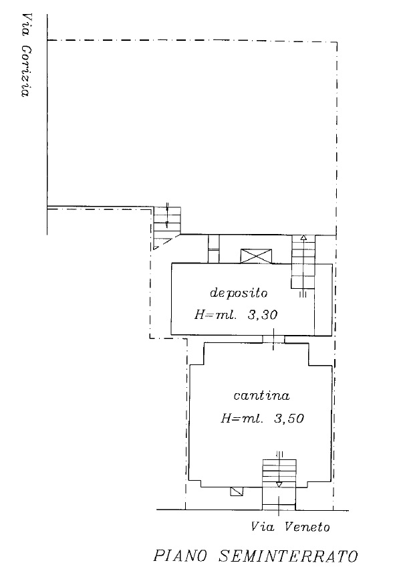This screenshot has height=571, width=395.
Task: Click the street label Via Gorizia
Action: point(25,55)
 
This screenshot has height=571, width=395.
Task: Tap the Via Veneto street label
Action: point(290,527)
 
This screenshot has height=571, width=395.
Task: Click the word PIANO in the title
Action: point(180,556)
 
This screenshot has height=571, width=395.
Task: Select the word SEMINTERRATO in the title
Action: point(288,556)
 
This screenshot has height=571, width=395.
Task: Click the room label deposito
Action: point(239,293)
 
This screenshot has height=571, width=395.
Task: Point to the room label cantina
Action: point(261,395)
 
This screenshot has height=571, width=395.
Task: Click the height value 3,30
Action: point(263,315)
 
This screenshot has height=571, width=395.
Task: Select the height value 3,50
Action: point(289,419)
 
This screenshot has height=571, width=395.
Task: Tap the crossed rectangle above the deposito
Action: point(256,256)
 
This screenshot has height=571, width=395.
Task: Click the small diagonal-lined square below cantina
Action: point(237,491)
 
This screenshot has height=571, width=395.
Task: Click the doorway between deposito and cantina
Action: point(273,339)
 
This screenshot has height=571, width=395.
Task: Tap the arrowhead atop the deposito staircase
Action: point(303,237)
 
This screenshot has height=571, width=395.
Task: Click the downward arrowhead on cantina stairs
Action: point(279,485)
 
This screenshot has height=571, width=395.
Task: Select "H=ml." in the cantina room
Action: point(242,419)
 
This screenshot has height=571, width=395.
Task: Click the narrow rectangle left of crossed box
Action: point(214,249)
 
